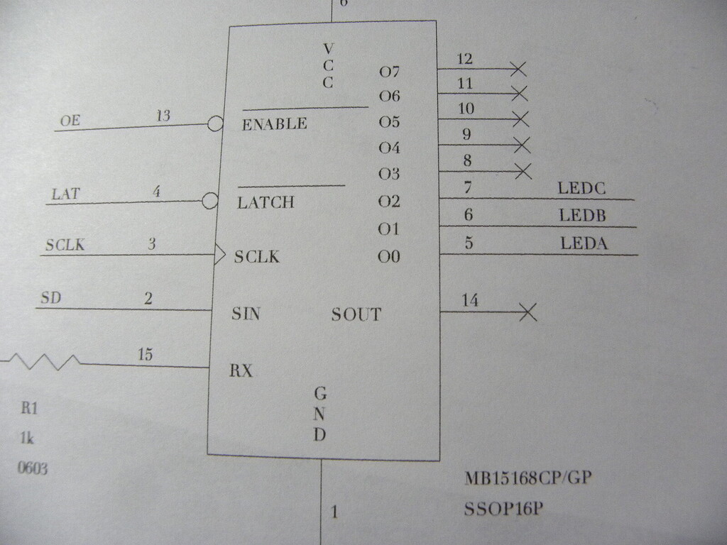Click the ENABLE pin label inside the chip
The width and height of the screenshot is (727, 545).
[x=274, y=124]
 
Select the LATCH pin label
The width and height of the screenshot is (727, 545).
[x=266, y=203]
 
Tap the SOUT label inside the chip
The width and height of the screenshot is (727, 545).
[x=356, y=314]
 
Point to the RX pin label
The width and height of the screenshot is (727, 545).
[x=241, y=370]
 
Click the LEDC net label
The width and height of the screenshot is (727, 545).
[x=582, y=189]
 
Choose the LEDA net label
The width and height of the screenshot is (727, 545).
[x=584, y=243]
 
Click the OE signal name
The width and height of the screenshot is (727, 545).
[x=70, y=121]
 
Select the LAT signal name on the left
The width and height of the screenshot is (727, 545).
[x=65, y=193]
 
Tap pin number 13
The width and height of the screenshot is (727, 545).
[x=163, y=116]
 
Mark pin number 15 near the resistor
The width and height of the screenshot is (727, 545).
[x=145, y=355]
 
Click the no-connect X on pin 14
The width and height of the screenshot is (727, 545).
[x=528, y=312]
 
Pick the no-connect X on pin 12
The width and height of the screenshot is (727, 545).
[x=518, y=69]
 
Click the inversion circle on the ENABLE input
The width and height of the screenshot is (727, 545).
[x=215, y=124]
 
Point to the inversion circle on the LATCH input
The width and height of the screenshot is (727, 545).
[x=210, y=201]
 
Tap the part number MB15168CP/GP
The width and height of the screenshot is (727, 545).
[x=528, y=478]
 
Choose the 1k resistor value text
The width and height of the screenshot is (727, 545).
[x=28, y=439]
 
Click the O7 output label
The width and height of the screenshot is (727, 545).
[x=389, y=72]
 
